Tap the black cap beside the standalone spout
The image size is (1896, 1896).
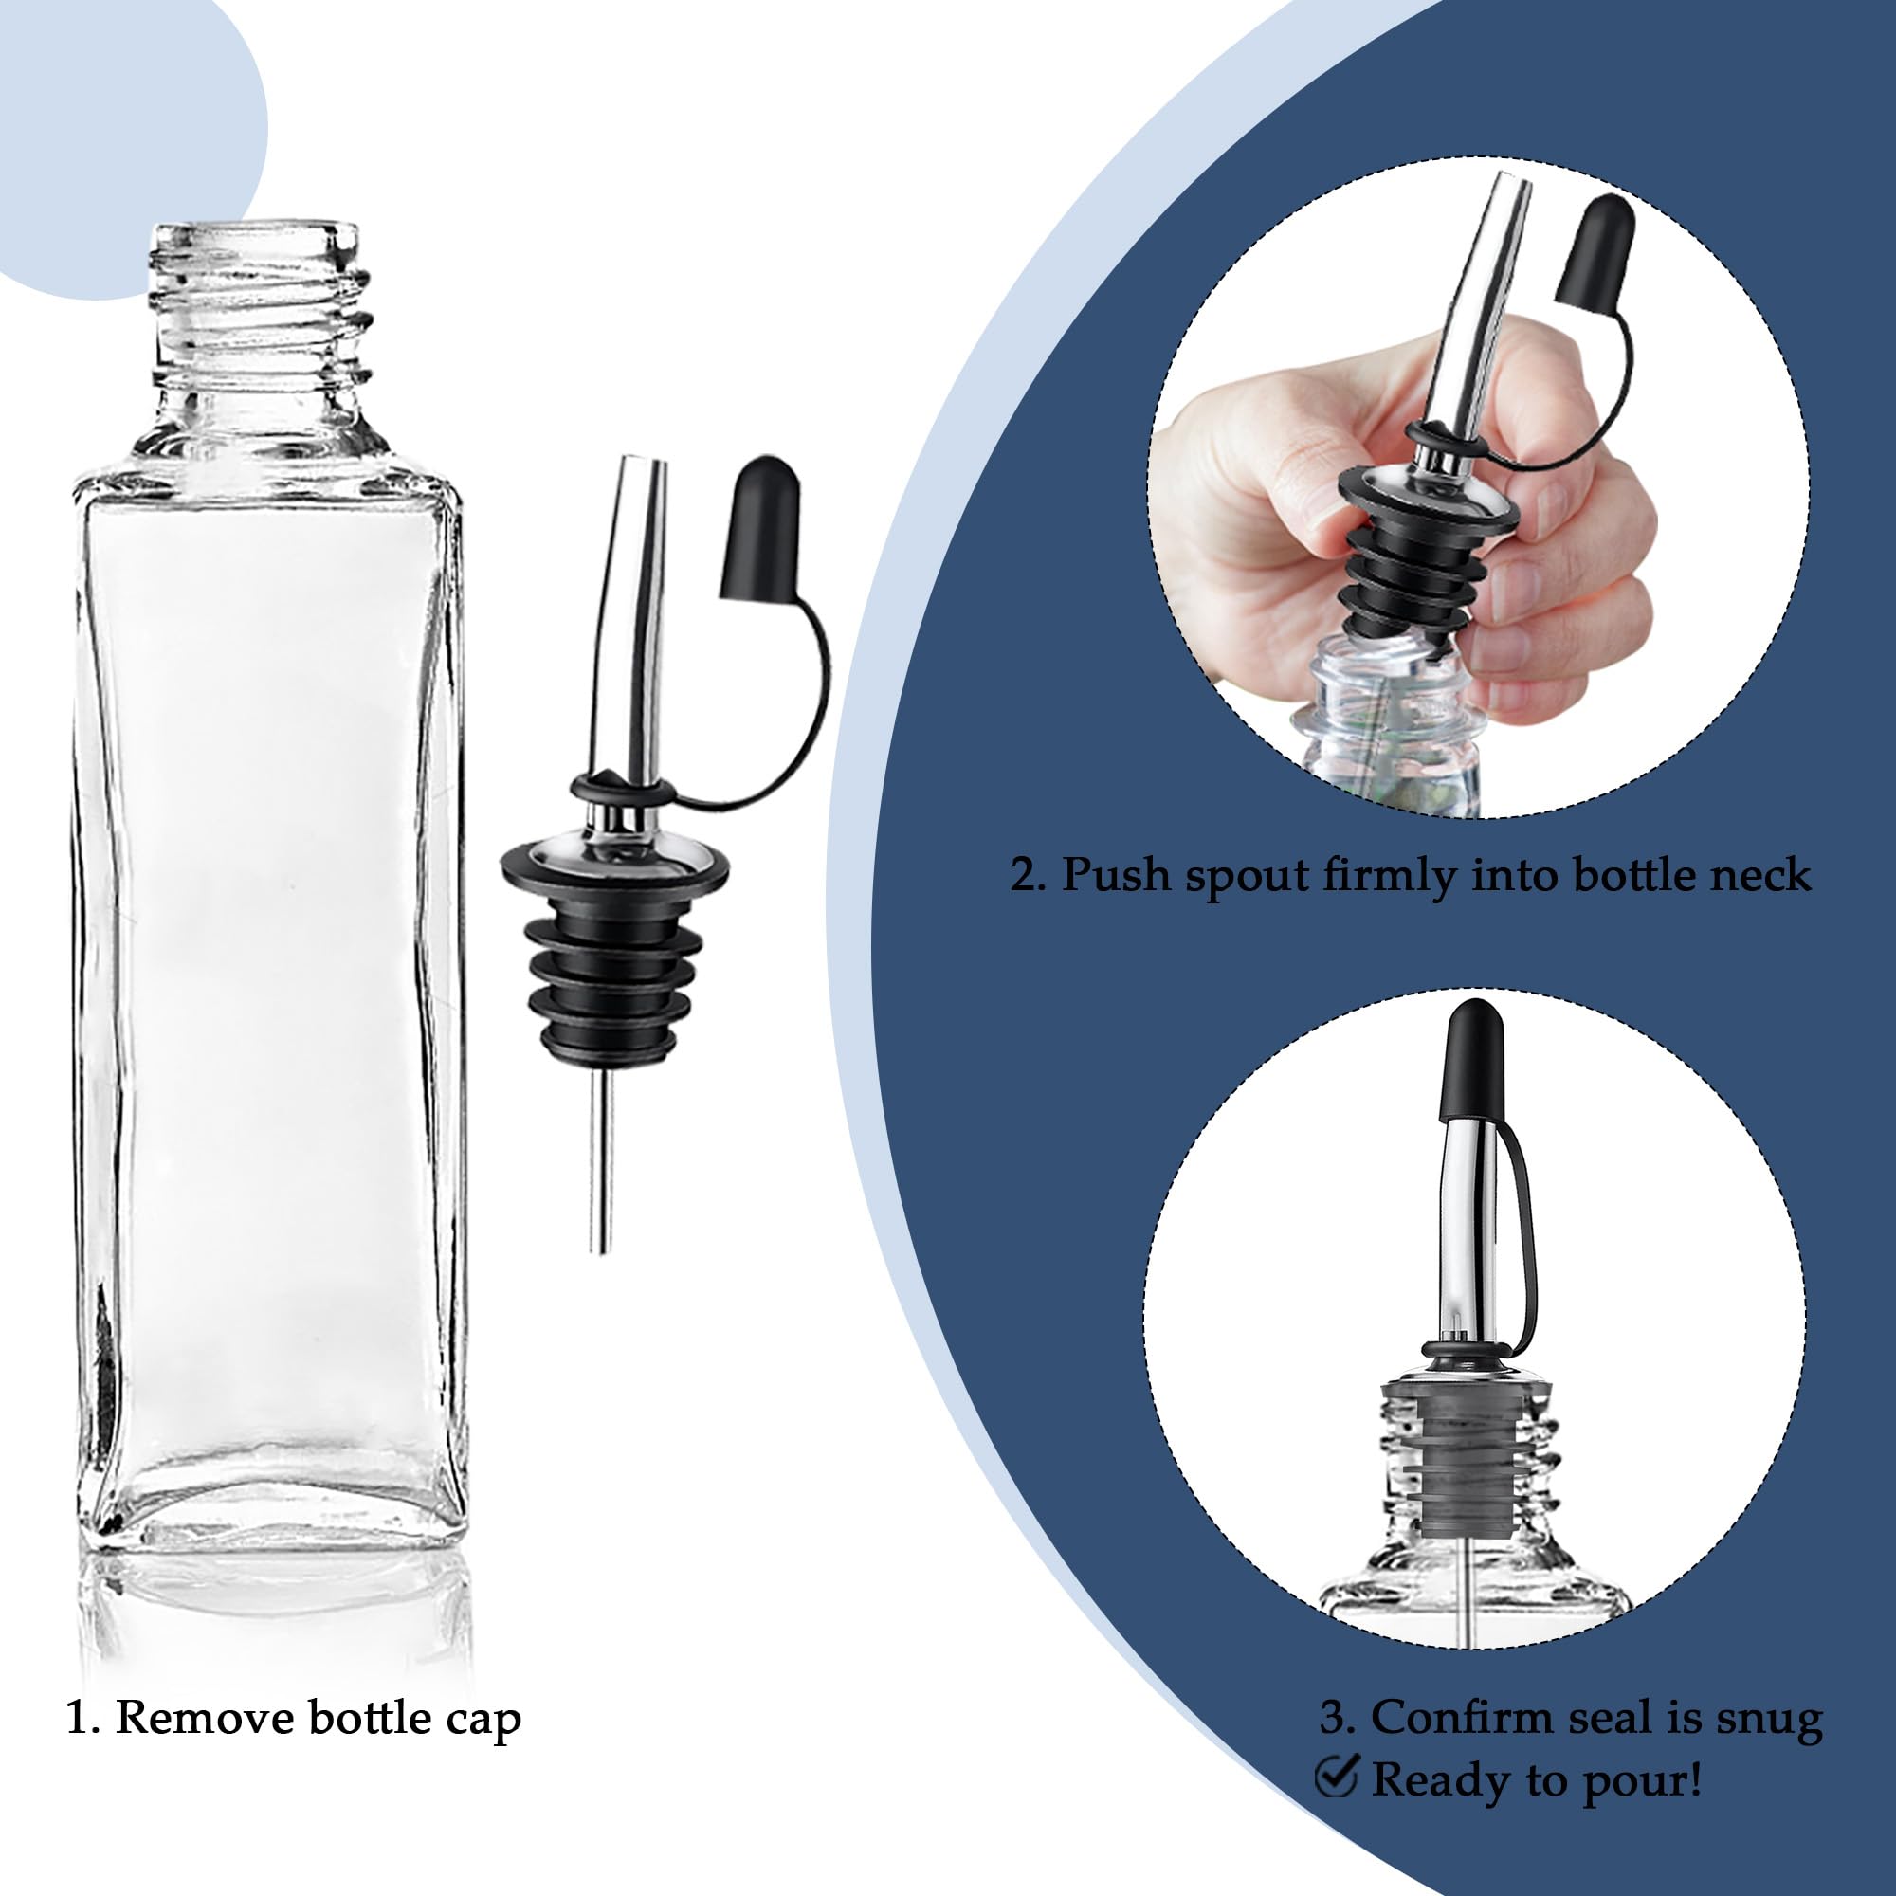[761, 530]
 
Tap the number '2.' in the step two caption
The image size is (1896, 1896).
[1029, 873]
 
